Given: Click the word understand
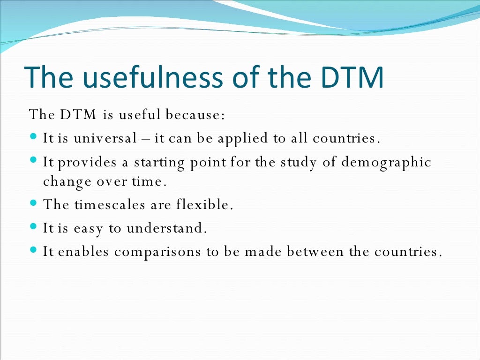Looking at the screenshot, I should coord(166,228).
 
